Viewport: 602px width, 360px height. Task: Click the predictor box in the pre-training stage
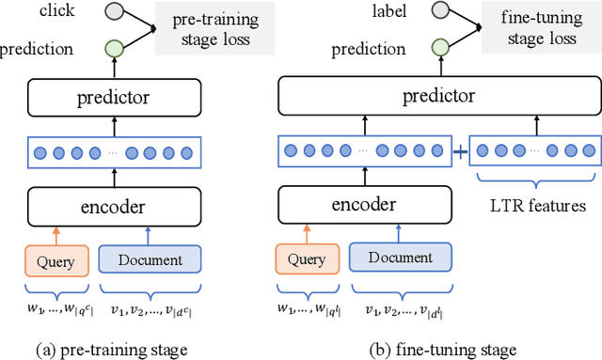(113, 97)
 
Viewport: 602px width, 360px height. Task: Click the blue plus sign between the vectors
(461, 150)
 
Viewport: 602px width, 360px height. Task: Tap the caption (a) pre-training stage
(113, 349)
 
